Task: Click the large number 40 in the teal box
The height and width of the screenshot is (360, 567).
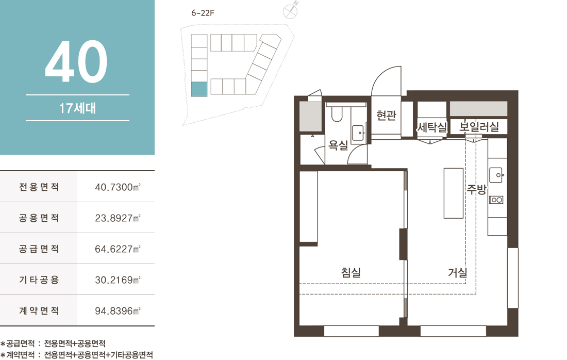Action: [x=76, y=61]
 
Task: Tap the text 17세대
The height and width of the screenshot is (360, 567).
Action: [x=77, y=108]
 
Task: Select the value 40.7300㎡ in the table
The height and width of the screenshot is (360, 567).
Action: [x=118, y=187]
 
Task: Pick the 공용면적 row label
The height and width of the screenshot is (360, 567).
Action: [x=39, y=218]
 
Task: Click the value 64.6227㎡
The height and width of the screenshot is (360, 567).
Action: [x=118, y=249]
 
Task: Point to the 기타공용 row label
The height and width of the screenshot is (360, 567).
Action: [x=39, y=280]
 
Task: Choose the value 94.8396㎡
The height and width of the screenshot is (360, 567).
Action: [x=118, y=311]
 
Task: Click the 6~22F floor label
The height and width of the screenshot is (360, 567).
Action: [x=203, y=13]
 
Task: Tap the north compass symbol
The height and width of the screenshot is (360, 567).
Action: [x=290, y=10]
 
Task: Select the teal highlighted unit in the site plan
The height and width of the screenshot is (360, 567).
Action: [x=199, y=89]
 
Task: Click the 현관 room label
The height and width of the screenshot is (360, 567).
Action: [x=386, y=116]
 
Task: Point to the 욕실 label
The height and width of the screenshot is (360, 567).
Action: [x=338, y=145]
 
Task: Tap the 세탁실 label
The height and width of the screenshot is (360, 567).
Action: [x=432, y=127]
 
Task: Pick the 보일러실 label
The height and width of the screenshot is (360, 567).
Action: [x=479, y=127]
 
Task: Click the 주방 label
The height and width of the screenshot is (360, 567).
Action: [x=477, y=189]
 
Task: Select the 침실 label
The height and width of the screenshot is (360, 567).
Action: [x=351, y=272]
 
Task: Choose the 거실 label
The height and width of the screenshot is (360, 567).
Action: [x=457, y=272]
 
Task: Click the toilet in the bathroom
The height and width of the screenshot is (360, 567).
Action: [x=337, y=113]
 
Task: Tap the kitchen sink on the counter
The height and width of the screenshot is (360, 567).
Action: [x=496, y=175]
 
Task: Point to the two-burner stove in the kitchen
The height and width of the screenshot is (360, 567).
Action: [x=496, y=200]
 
